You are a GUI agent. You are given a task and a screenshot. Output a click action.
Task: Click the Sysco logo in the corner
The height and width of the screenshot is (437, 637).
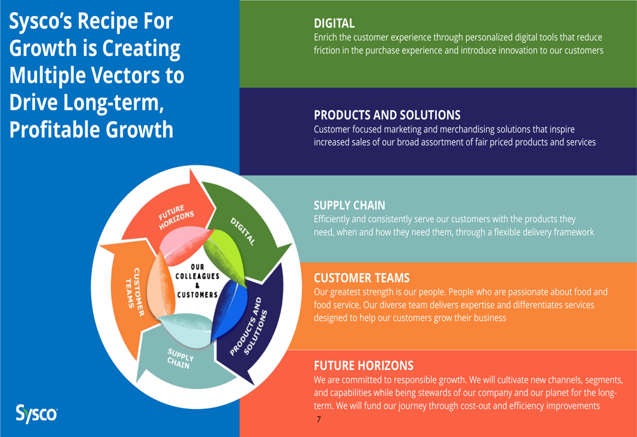coord(36,413)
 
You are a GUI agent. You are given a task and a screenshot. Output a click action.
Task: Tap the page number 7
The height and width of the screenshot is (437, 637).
coord(318,419)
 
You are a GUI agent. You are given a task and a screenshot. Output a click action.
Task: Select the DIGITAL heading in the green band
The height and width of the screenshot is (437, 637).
coord(334,24)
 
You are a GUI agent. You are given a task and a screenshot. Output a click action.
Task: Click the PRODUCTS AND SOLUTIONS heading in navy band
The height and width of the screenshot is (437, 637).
coord(387,115)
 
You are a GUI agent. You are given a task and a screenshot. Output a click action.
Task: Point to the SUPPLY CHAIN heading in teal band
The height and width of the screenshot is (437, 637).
coord(349,205)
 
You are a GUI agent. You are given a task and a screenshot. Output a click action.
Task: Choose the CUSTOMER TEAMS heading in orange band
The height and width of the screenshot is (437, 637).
coord(361,278)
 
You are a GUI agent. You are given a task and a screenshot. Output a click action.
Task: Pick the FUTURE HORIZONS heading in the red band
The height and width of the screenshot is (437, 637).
coord(363,366)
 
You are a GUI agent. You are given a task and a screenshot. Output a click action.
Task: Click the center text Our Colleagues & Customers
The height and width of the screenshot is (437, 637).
coord(197,281)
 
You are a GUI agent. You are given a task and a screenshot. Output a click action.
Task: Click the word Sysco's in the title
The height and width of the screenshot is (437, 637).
coord(39,21)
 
